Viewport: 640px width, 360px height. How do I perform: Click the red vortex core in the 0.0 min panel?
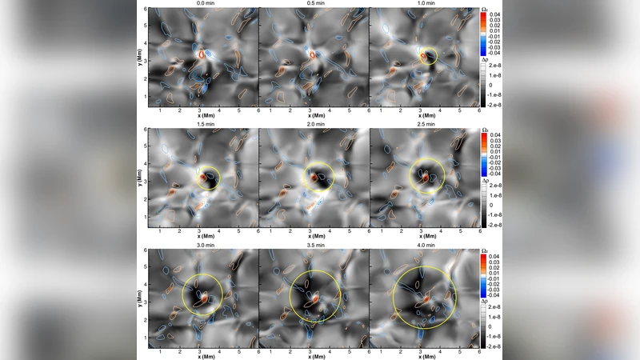[x=201, y=54]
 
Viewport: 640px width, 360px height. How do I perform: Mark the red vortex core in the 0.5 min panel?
[x=312, y=55]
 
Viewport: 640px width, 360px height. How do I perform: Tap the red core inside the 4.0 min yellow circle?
[x=426, y=298]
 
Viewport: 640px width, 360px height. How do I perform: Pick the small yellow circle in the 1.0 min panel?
[x=429, y=56]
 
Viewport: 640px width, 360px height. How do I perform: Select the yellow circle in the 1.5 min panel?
[x=207, y=175]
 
